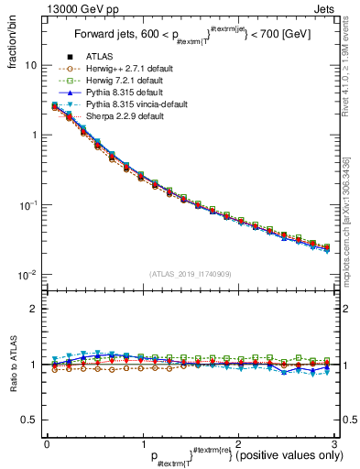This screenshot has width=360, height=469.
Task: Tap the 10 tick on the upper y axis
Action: [x=31, y=66]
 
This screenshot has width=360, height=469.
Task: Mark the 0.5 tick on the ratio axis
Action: [x=29, y=420]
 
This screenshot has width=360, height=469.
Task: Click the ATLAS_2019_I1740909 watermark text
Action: [x=191, y=274]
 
